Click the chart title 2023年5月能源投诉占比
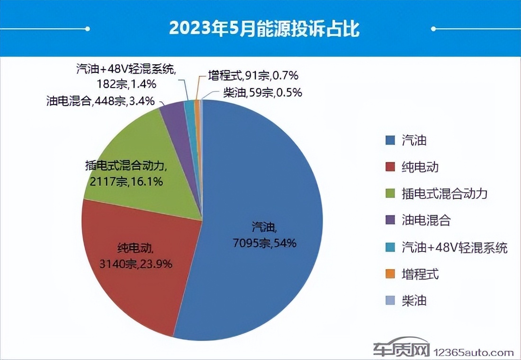click(x=264, y=28)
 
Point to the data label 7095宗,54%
click(x=264, y=243)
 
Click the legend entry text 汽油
click(x=414, y=140)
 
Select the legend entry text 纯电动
click(x=420, y=167)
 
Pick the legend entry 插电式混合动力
click(x=444, y=193)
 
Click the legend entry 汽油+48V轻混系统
click(x=454, y=247)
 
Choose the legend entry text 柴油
click(x=414, y=301)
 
